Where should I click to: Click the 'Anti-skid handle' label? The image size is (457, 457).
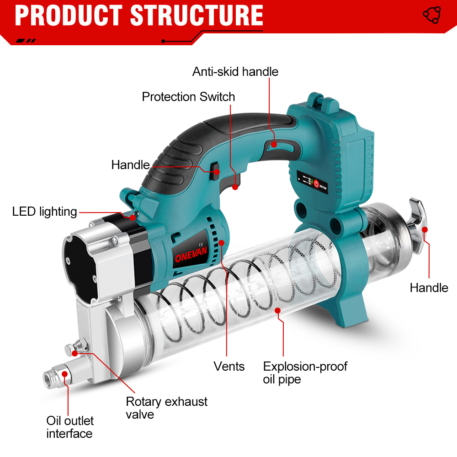pyautogui.click(x=235, y=72)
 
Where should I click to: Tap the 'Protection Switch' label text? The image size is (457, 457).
pyautogui.click(x=188, y=97)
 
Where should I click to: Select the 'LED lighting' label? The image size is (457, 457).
pyautogui.click(x=44, y=212)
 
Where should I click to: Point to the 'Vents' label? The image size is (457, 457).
pyautogui.click(x=229, y=367)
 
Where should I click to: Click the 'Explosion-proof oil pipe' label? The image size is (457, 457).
pyautogui.click(x=305, y=373)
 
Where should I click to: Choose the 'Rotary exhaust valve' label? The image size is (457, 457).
pyautogui.click(x=166, y=408)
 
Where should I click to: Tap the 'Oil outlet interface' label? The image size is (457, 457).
pyautogui.click(x=69, y=427)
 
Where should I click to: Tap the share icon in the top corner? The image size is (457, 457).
pyautogui.click(x=431, y=15)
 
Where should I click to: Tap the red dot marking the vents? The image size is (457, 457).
pyautogui.click(x=221, y=243)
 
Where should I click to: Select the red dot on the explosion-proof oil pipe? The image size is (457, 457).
pyautogui.click(x=277, y=311)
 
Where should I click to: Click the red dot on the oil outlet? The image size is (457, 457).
pyautogui.click(x=65, y=374)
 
